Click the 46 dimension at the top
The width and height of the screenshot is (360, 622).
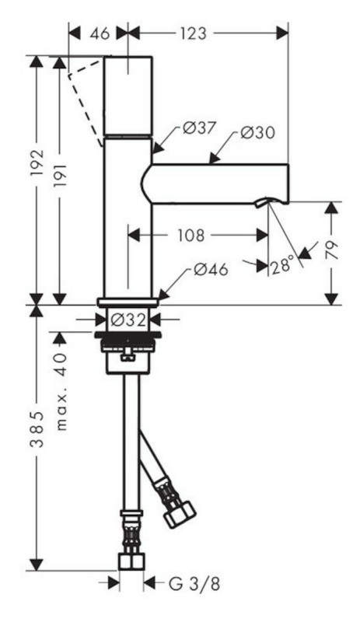[100, 33]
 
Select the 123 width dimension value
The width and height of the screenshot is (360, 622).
[194, 33]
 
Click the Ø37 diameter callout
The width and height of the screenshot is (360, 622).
[199, 128]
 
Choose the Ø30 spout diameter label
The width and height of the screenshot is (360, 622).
[257, 132]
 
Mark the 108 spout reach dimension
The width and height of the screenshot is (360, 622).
[190, 236]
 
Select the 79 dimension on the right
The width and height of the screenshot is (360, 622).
[333, 250]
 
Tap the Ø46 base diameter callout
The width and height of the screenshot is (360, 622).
[211, 270]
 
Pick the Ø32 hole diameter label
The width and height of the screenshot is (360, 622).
[128, 320]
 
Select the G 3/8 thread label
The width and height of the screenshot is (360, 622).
[194, 584]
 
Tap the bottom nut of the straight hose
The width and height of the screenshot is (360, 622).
[131, 561]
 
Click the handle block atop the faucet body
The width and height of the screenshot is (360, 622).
[128, 96]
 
